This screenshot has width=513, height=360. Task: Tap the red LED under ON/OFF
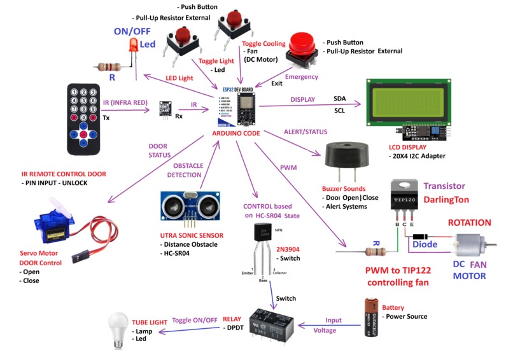click(x=134, y=45)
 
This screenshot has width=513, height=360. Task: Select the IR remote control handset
click(x=83, y=119)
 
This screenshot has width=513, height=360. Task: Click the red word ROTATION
click(x=470, y=223)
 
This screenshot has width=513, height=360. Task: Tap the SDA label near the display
click(x=340, y=99)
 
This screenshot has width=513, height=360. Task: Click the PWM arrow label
click(x=288, y=167)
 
